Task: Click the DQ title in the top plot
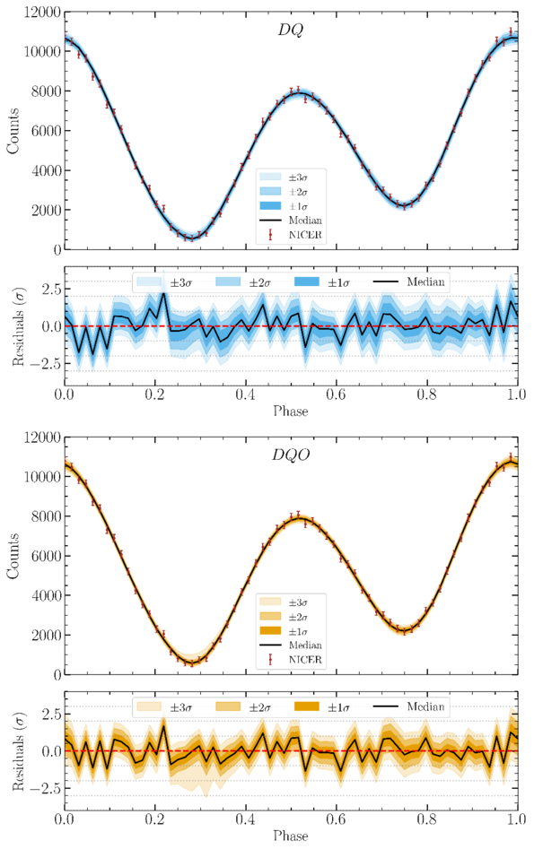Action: pyautogui.click(x=291, y=30)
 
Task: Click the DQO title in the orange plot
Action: pyautogui.click(x=291, y=455)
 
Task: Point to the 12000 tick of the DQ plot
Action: pyautogui.click(x=43, y=12)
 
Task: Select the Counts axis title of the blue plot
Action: pyautogui.click(x=13, y=131)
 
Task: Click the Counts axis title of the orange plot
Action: pyautogui.click(x=13, y=556)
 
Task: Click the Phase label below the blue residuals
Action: pyautogui.click(x=291, y=412)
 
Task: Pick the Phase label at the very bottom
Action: pyautogui.click(x=291, y=836)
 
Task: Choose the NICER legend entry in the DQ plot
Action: pyautogui.click(x=295, y=235)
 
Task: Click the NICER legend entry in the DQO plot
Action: pyautogui.click(x=295, y=660)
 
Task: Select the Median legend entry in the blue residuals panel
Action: pyautogui.click(x=409, y=282)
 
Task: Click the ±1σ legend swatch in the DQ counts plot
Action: pyautogui.click(x=270, y=206)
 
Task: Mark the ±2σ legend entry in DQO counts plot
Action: pyautogui.click(x=285, y=617)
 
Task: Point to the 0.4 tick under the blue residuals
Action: pyautogui.click(x=246, y=394)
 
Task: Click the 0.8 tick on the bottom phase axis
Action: pyautogui.click(x=426, y=819)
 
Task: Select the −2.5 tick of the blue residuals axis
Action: pyautogui.click(x=42, y=363)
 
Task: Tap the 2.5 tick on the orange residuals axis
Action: pyautogui.click(x=48, y=714)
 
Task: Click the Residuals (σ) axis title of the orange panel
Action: pyautogui.click(x=18, y=751)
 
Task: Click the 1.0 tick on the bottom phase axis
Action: pyautogui.click(x=517, y=819)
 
